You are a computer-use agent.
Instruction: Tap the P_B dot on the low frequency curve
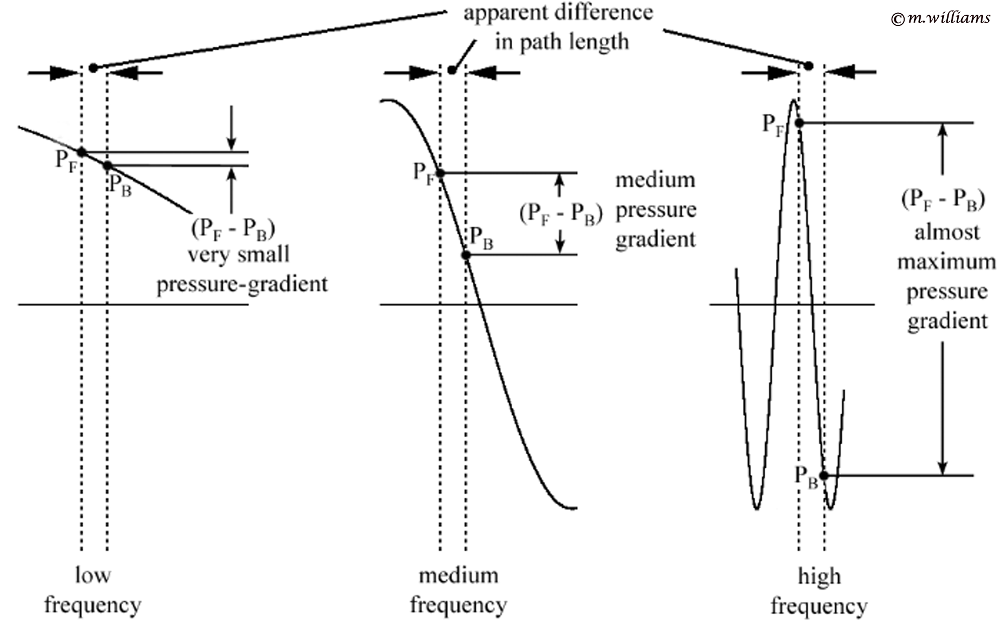point(107,166)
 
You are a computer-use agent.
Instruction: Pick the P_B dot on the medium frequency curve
point(466,255)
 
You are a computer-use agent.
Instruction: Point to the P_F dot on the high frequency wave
point(799,123)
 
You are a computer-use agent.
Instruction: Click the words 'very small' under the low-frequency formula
point(238,254)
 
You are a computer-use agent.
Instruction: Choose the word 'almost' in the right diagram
point(947,232)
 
